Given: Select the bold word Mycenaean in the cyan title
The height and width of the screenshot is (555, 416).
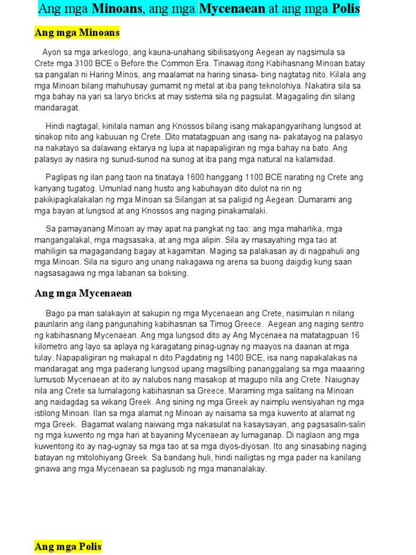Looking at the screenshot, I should point(232,9).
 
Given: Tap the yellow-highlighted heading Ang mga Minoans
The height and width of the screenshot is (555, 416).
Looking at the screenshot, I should point(77,33).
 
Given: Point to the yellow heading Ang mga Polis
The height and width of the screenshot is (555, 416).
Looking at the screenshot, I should point(68,546).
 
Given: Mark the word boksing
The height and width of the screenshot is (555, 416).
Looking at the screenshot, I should point(171,273).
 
